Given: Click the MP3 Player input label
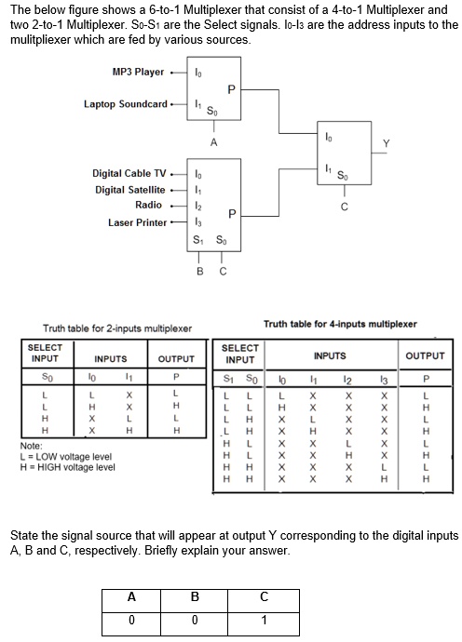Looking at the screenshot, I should coord(138,72).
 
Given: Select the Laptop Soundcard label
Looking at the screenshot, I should coord(126,103).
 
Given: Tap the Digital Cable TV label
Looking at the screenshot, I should coord(130,174).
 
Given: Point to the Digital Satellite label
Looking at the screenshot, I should coord(130,190).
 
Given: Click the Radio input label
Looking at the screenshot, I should coord(149,205).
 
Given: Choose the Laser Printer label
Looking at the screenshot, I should coord(138,222).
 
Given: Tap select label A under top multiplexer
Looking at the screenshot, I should coord(213,142).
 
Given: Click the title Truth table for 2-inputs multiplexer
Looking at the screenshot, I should coord(117,328).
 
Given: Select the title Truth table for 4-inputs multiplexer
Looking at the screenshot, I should coord(341,324).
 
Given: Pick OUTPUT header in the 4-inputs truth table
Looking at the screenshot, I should coord(425,355).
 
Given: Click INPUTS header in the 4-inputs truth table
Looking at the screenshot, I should coord(330,355).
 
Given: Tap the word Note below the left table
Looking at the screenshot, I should coord(31,447).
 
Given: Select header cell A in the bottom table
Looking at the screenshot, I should coord(131,597).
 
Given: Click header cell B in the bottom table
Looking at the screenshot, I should coord(195,597).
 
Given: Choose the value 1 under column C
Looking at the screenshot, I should coord(264,620).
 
